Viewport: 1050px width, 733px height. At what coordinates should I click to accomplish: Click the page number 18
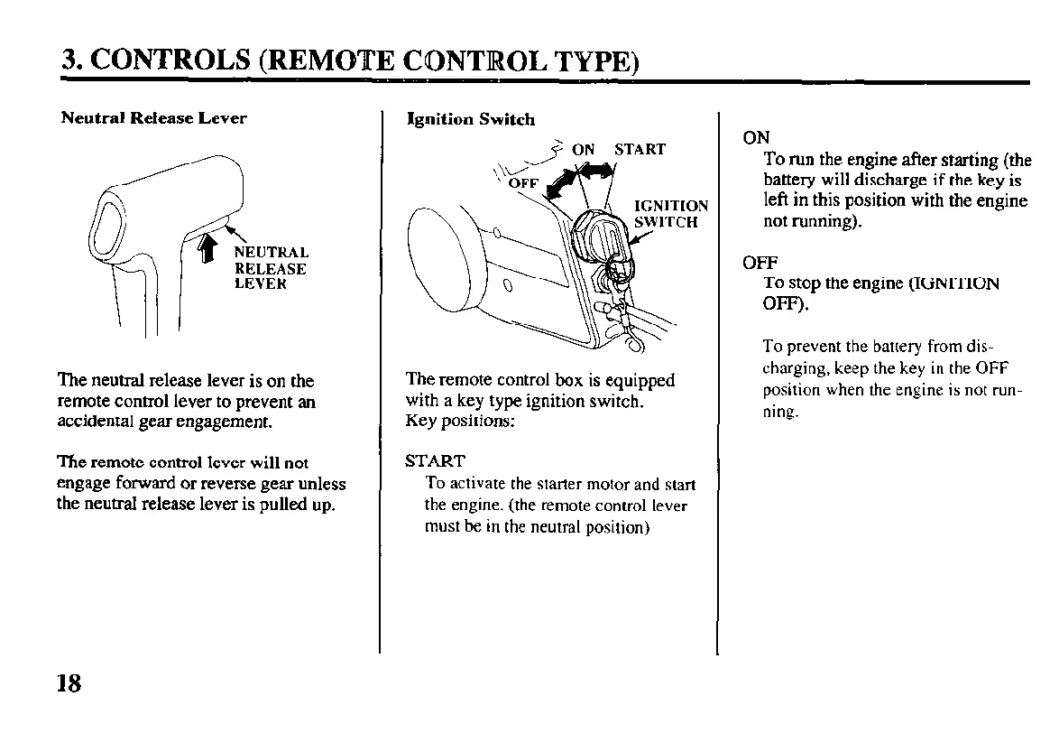[69, 683]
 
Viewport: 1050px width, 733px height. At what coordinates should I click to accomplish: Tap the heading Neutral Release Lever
[153, 118]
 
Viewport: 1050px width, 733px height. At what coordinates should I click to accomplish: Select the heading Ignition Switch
[471, 119]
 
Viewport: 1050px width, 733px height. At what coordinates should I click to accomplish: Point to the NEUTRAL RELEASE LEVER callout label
[271, 268]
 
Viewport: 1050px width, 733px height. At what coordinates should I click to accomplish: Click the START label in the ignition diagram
[640, 149]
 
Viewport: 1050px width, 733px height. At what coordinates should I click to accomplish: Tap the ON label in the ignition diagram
[584, 149]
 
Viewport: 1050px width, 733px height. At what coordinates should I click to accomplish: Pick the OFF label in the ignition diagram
[523, 183]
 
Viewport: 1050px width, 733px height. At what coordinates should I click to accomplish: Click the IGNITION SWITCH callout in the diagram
[671, 213]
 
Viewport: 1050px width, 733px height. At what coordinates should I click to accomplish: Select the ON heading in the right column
[756, 138]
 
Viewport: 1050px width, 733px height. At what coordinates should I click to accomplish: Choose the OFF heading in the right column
[760, 264]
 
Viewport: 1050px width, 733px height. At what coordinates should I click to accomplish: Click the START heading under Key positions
[435, 461]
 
